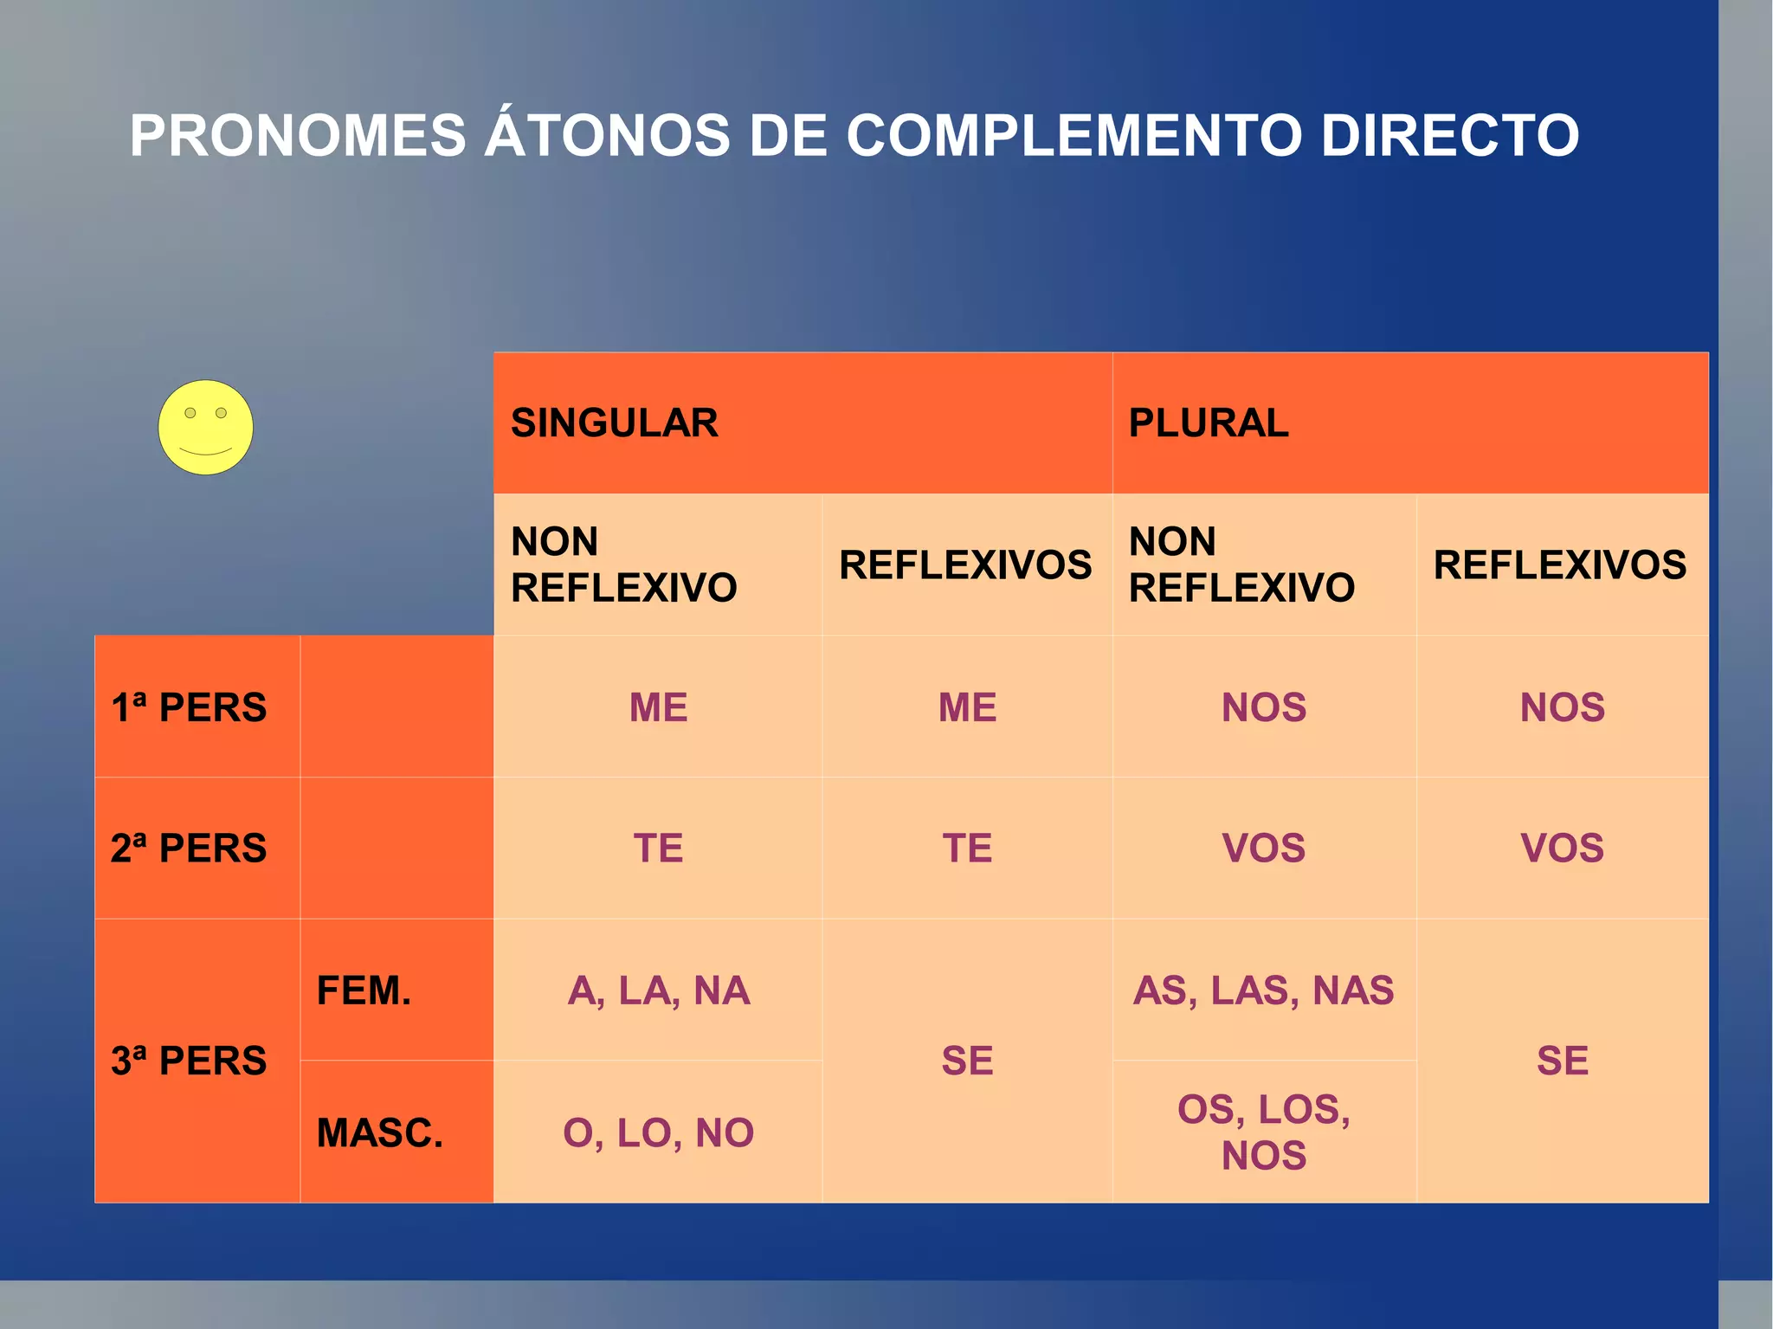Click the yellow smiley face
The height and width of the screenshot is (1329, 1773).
click(x=205, y=428)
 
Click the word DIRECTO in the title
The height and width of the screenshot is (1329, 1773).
click(x=1449, y=136)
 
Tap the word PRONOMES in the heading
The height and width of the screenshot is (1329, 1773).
click(x=298, y=136)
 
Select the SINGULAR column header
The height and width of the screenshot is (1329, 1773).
click(x=615, y=423)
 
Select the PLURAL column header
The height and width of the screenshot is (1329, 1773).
click(x=1209, y=423)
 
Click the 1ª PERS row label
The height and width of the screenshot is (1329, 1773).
click(x=189, y=707)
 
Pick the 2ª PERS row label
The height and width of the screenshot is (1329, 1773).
click(x=189, y=848)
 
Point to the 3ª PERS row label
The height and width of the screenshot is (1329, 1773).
click(x=189, y=1061)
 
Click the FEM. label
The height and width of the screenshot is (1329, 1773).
click(x=364, y=990)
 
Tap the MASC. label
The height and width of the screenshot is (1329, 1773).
click(x=379, y=1132)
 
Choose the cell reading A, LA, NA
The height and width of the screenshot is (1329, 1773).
click(x=658, y=990)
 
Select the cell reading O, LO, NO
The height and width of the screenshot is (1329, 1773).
click(x=658, y=1132)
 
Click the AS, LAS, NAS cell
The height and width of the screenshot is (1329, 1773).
click(x=1263, y=990)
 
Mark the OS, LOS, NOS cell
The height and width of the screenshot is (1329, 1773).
click(x=1263, y=1132)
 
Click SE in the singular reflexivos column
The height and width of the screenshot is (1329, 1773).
click(x=967, y=1061)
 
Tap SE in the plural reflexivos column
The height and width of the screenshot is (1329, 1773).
click(x=1562, y=1061)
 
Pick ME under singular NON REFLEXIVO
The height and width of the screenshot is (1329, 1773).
click(x=658, y=707)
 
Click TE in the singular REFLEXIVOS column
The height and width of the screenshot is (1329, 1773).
click(x=967, y=848)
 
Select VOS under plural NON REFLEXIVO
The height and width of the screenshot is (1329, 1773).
click(x=1263, y=848)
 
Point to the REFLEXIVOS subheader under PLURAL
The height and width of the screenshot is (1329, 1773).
click(x=1560, y=565)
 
